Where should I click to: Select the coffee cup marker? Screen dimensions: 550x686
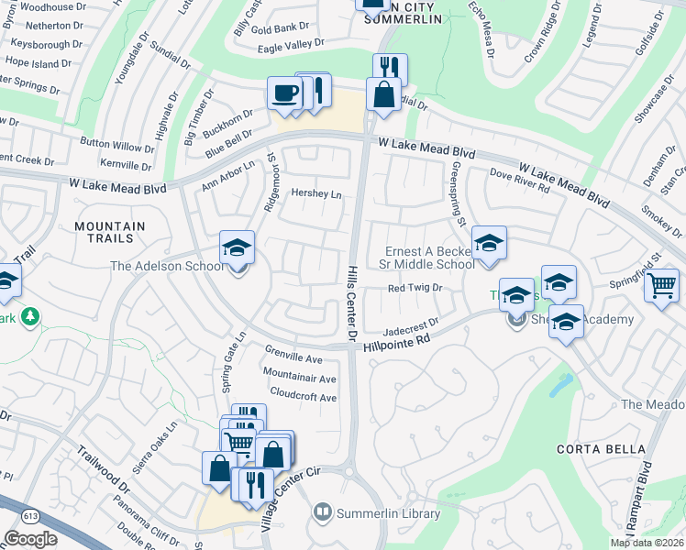[284, 93]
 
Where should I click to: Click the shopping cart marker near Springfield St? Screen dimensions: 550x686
[660, 286]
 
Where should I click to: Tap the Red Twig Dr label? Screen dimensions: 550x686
[415, 288]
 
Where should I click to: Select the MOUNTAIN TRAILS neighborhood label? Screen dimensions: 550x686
[110, 232]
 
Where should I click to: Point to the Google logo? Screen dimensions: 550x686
[31, 538]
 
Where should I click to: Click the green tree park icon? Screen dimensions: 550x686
[30, 316]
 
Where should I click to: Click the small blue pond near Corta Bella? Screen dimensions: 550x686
[558, 385]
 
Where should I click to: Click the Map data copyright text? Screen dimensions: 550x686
[647, 543]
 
